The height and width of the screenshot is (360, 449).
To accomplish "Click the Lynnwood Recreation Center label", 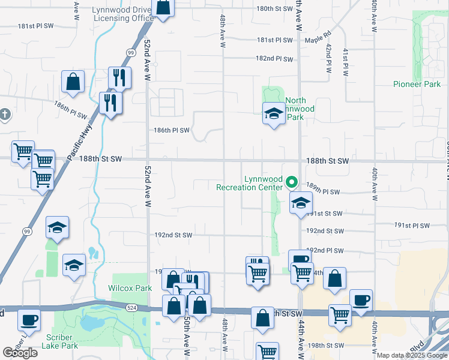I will (x=249, y=183).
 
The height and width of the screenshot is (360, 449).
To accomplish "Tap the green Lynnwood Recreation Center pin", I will (x=292, y=181).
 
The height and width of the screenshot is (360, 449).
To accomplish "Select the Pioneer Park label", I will (x=417, y=85).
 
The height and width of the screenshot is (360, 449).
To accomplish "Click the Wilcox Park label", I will (x=130, y=288).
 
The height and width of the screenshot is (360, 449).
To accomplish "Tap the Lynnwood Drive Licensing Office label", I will (x=123, y=14).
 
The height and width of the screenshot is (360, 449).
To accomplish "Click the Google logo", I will (x=20, y=353).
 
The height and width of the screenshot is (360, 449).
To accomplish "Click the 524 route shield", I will (x=131, y=307).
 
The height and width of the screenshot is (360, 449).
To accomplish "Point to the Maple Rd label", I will (x=318, y=40).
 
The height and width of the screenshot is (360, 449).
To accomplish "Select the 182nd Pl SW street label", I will (x=274, y=59).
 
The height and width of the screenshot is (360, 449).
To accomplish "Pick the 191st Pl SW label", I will (x=412, y=226).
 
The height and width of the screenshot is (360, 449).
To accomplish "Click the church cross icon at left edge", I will (x=5, y=114).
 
